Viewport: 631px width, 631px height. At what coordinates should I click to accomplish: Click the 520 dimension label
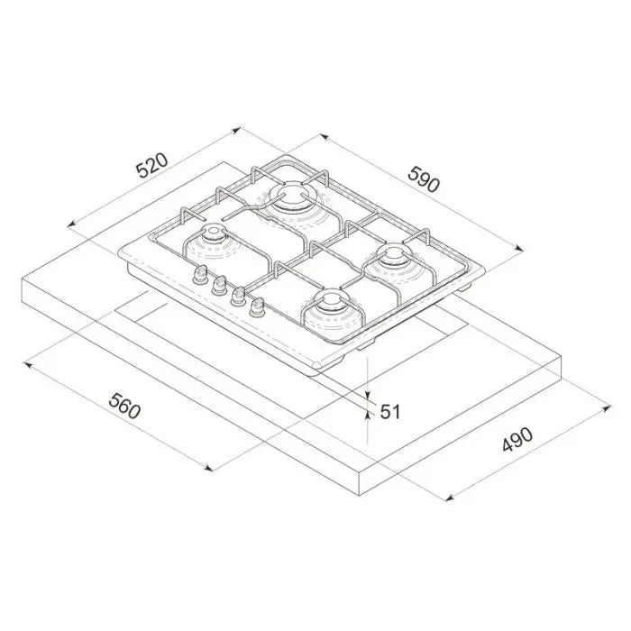[151, 165]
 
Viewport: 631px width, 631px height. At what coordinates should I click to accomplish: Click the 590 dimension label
[424, 179]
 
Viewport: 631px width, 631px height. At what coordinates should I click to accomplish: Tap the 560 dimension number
[124, 406]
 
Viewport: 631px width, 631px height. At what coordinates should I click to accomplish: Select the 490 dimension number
[517, 439]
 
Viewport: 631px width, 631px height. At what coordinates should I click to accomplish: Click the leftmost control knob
[199, 274]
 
